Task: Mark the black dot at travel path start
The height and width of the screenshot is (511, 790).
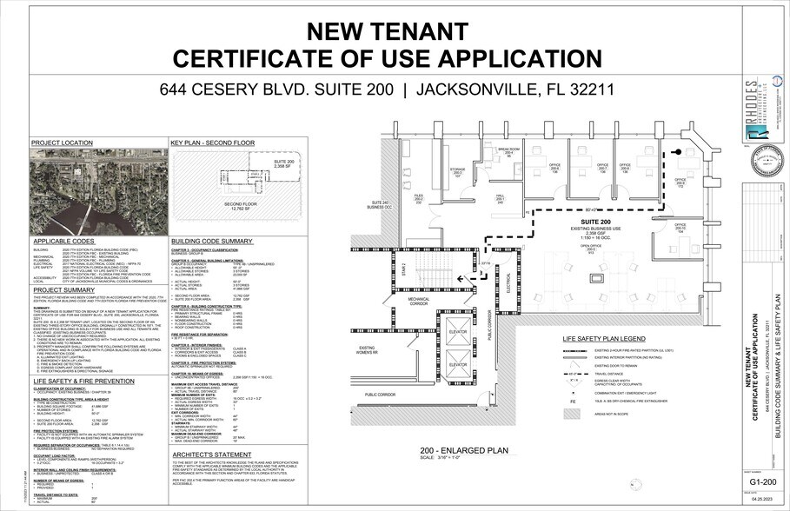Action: pyautogui.click(x=678, y=153)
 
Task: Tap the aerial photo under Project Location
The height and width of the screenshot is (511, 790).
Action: pyautogui.click(x=96, y=190)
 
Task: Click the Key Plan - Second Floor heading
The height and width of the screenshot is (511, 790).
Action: pyautogui.click(x=205, y=142)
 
